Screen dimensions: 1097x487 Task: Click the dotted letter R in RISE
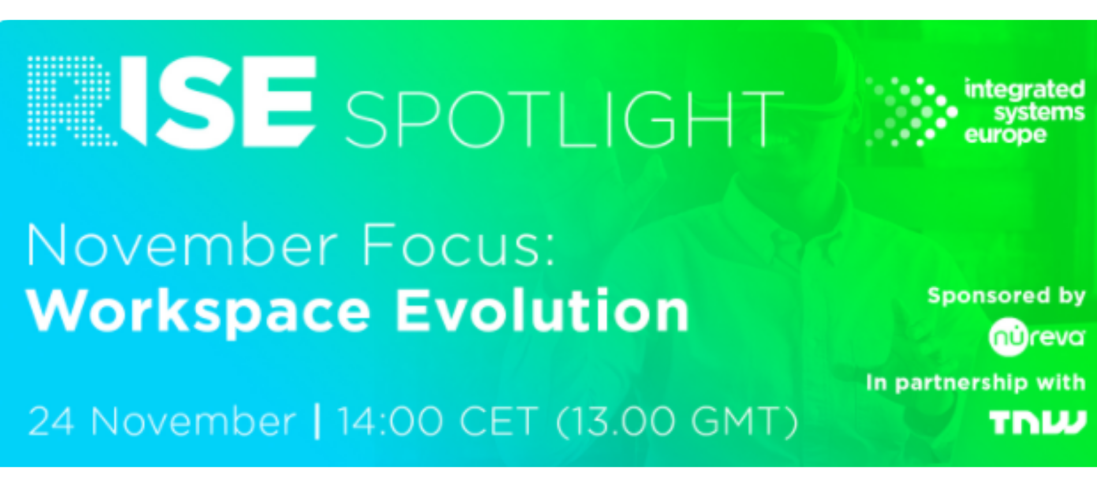coord(72,101)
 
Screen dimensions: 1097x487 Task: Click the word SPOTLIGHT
coord(564,119)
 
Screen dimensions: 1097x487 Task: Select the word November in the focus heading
coord(182,245)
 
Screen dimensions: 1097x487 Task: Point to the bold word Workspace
coord(199,312)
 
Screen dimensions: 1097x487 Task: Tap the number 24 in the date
coord(51,421)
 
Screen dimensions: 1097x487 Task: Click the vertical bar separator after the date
coord(316,422)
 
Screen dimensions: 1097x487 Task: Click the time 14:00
coord(390,421)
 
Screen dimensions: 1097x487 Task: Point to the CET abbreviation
coord(499,421)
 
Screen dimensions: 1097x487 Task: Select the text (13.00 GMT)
coord(677,422)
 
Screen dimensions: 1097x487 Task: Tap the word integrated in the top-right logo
coord(1024,89)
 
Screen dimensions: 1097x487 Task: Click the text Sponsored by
coord(1006,297)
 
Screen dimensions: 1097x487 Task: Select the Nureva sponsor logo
coord(1036,338)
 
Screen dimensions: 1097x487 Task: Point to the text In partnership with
coord(975,383)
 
